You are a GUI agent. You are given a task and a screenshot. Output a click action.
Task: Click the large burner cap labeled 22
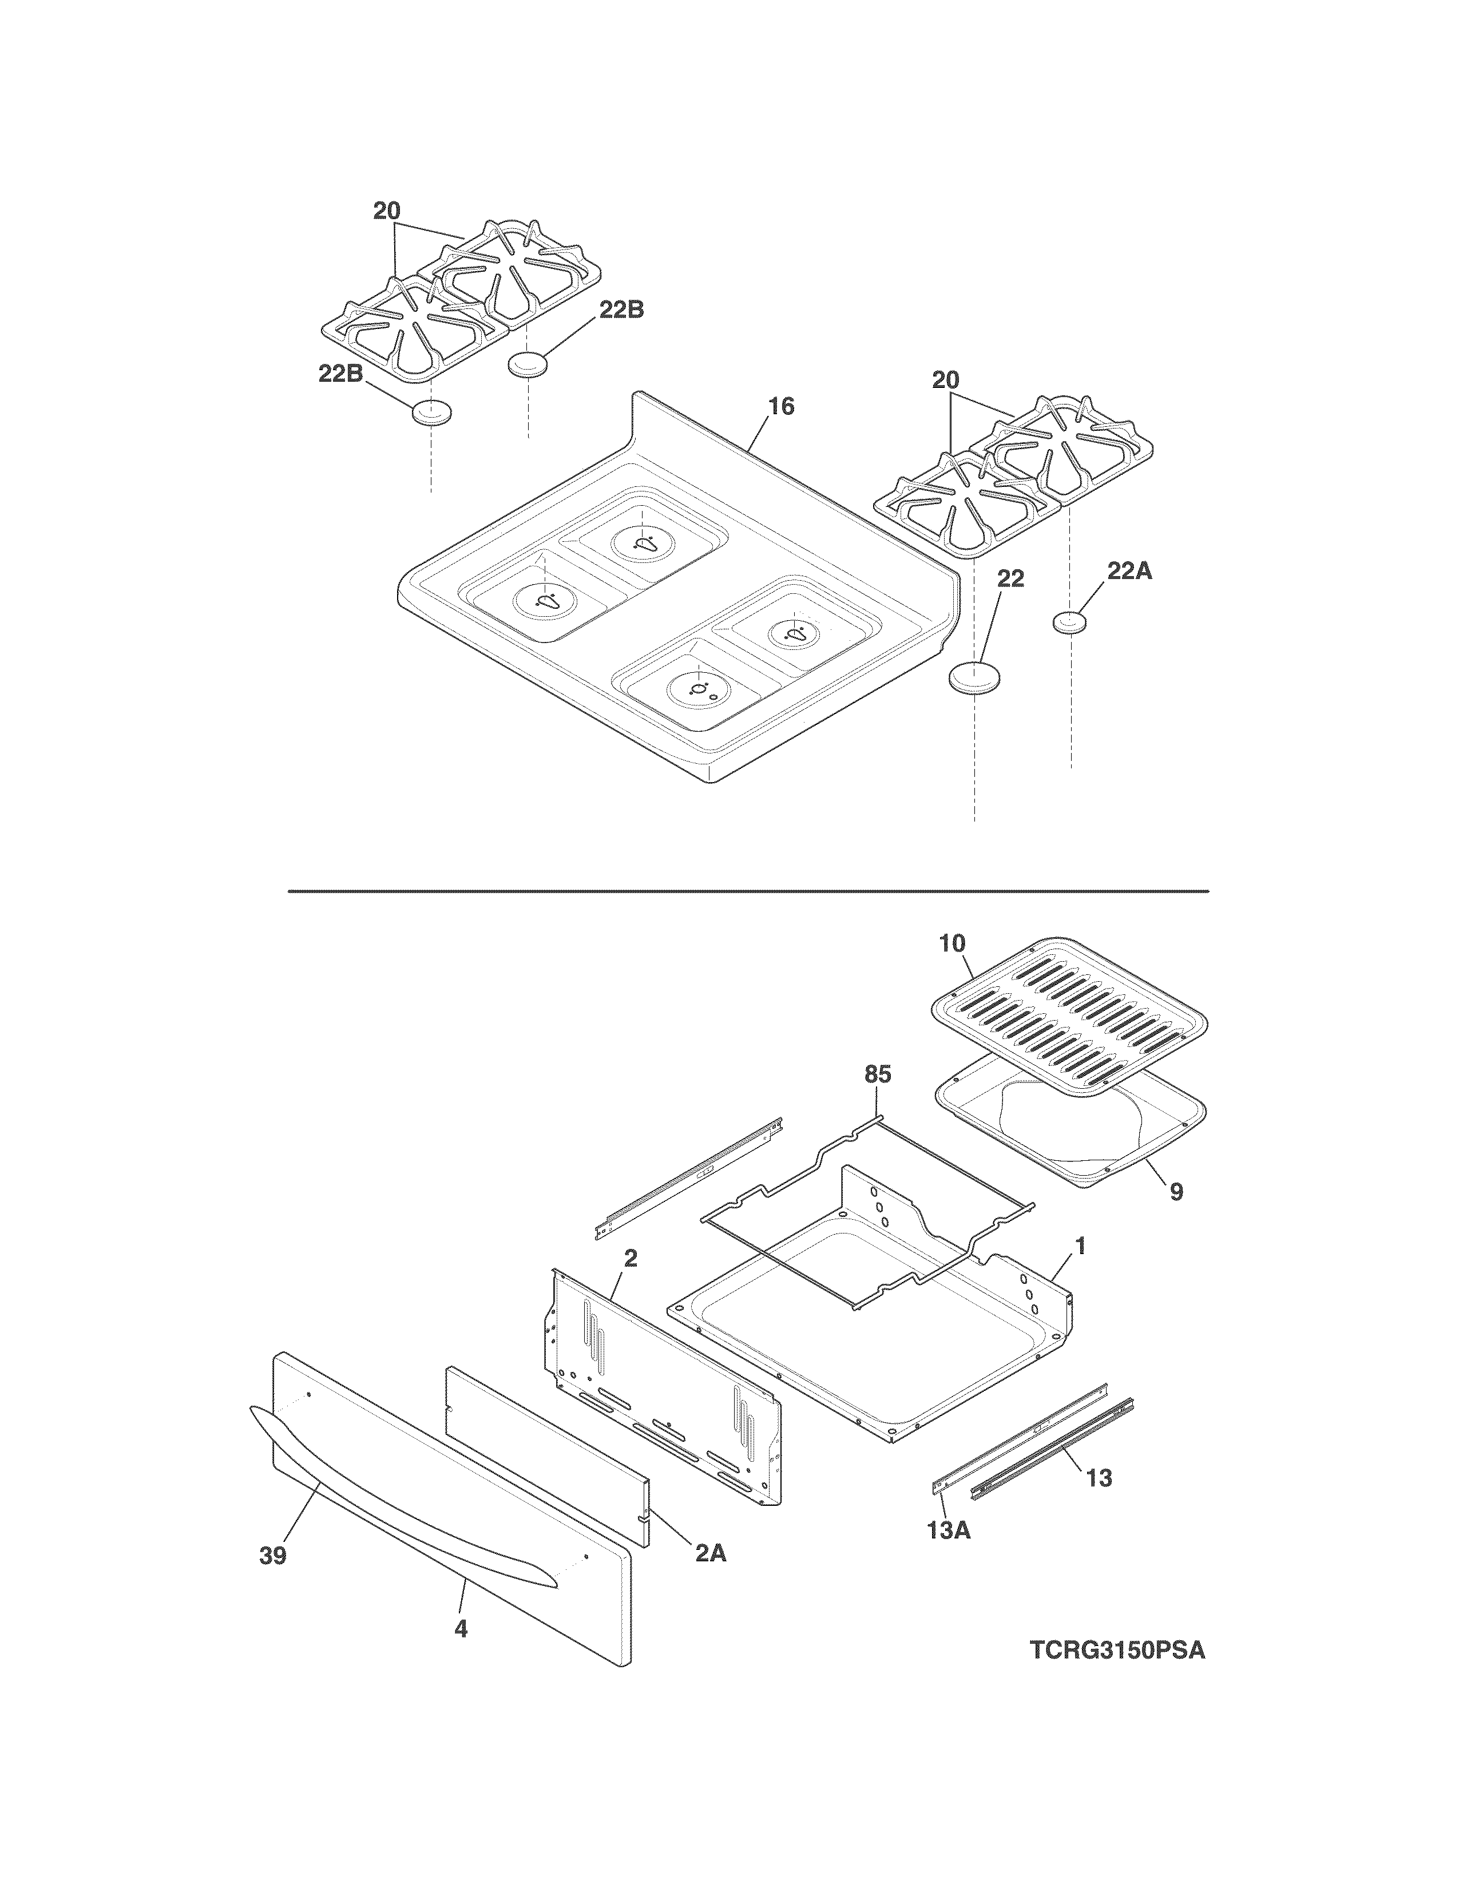click(x=975, y=677)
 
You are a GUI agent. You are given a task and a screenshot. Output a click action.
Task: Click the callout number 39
click(x=273, y=1556)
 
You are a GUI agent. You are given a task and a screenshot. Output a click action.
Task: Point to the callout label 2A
click(x=711, y=1553)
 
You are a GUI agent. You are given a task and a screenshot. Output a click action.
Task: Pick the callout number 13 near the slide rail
click(x=1099, y=1478)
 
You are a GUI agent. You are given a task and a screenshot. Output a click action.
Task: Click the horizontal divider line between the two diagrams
click(x=748, y=890)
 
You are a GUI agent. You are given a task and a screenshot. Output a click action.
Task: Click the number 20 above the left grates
click(x=387, y=211)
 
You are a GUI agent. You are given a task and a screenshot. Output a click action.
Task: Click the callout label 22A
click(x=1129, y=572)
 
